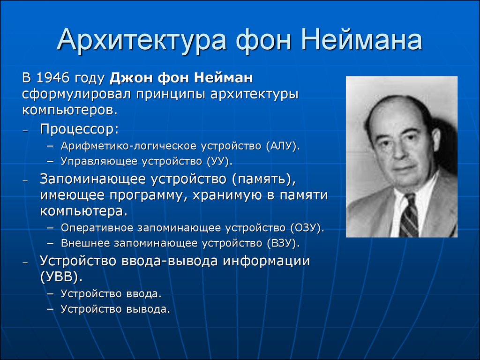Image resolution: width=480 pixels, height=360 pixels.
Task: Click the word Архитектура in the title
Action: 142,40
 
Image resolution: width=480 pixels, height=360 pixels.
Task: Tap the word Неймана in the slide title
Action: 361,39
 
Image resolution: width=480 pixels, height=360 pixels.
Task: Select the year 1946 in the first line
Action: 52,78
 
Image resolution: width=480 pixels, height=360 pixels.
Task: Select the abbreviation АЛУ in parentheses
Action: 281,146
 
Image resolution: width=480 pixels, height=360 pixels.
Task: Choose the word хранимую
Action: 227,195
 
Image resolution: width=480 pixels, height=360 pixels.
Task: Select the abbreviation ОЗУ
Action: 305,228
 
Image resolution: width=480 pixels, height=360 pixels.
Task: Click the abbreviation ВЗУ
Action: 281,243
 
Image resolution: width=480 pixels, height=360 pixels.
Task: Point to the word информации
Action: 266,261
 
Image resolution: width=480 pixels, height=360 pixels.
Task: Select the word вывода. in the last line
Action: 148,309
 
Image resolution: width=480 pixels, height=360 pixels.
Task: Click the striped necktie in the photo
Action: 409,216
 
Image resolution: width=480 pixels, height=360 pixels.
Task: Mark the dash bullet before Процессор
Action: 25,131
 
